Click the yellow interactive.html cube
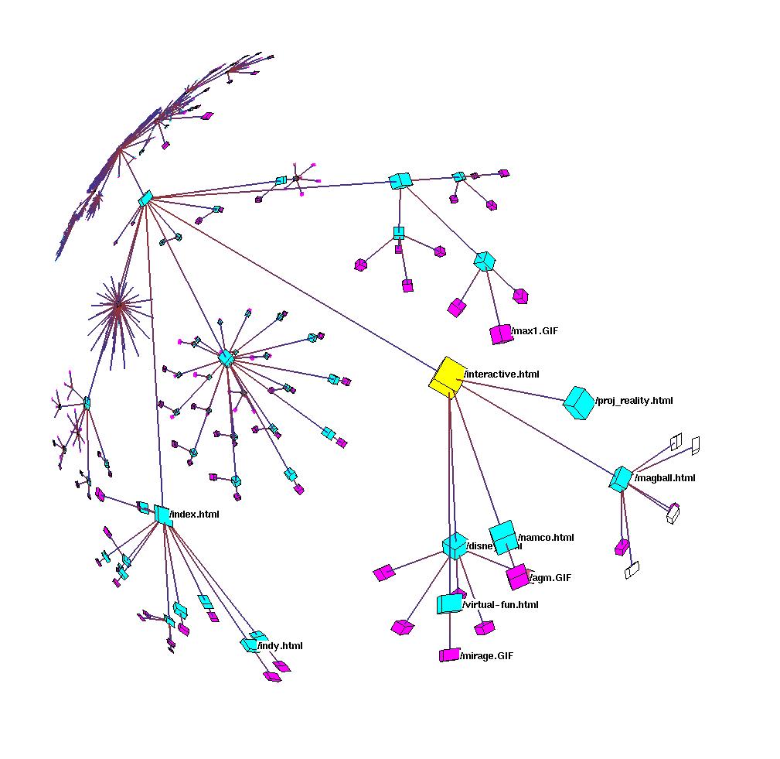[447, 376]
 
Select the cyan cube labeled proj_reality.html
[578, 403]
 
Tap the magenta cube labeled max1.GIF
[501, 334]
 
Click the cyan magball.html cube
[621, 479]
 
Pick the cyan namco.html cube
[503, 536]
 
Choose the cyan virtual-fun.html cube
[449, 603]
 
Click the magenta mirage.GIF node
[449, 655]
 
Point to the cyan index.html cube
[162, 515]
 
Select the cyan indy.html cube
[250, 643]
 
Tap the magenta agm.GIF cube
[517, 577]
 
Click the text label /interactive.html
[502, 374]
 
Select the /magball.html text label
[665, 478]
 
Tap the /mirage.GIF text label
[487, 656]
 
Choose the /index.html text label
[195, 515]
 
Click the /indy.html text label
[280, 646]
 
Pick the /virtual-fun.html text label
[500, 605]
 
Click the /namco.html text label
[546, 538]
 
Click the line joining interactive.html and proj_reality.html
[514, 390]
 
